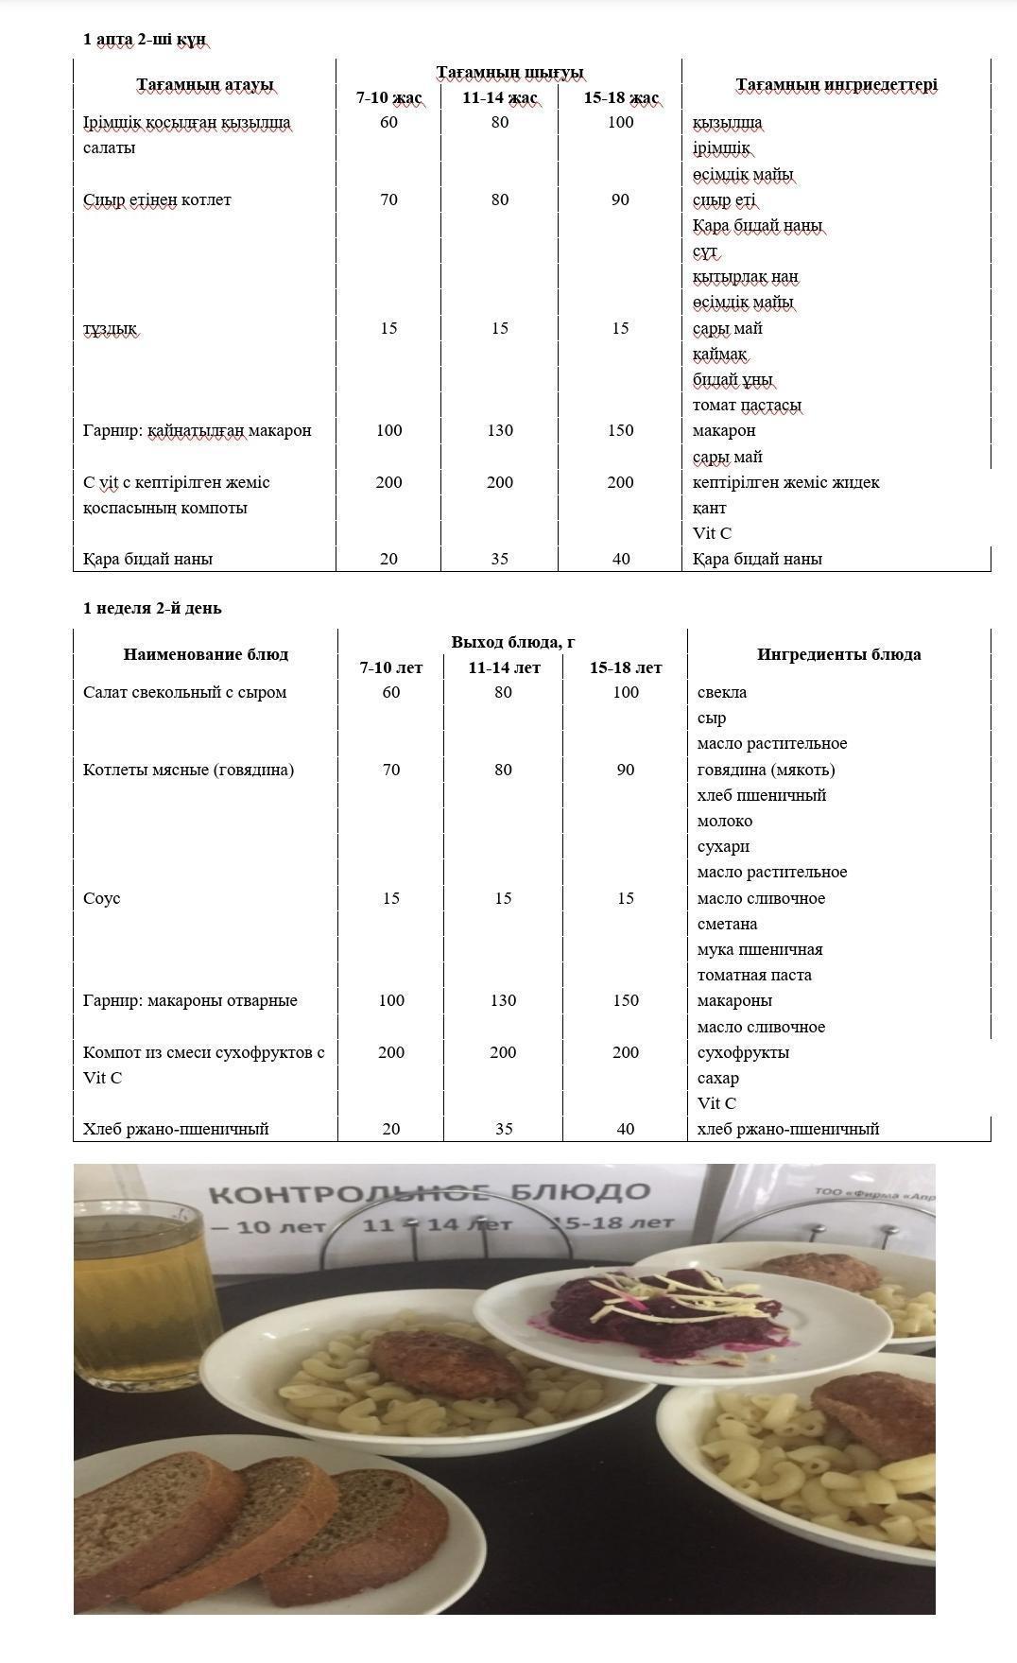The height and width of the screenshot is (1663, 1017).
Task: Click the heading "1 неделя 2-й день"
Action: coord(152,608)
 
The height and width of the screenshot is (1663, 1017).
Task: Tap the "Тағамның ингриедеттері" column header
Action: coord(836,85)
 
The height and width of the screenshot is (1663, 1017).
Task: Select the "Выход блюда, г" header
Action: coord(512,642)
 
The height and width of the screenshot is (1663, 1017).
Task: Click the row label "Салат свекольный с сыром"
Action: coord(184,692)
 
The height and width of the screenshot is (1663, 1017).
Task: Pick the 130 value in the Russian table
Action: coord(503,1000)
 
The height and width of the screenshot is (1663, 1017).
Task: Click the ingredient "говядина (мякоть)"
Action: coord(766,770)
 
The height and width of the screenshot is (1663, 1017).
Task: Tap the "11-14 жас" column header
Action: coord(500,98)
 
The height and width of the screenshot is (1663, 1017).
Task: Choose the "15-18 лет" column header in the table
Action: coord(626,667)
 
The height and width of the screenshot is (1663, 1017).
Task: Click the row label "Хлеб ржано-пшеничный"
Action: coord(176,1129)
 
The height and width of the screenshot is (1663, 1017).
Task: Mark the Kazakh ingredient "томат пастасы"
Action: coord(747,406)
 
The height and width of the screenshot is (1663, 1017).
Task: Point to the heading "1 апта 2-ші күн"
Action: coord(144,40)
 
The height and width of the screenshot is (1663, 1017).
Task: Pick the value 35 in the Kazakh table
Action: coord(500,559)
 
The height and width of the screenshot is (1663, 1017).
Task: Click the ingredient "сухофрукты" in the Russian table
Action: coord(743,1052)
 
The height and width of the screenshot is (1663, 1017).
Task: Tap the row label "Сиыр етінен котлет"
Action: coord(157,199)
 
